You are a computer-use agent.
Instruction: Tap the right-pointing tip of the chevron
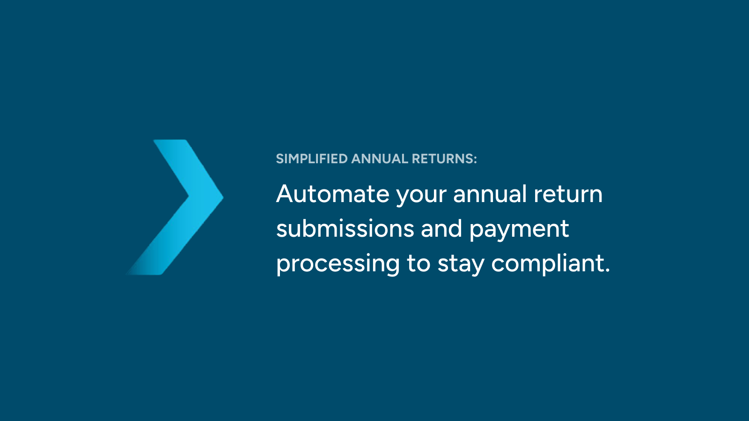pos(223,197)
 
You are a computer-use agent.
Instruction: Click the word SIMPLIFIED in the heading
pos(312,159)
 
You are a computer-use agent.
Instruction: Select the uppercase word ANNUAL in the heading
pos(380,159)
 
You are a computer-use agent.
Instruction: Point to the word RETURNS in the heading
pos(442,159)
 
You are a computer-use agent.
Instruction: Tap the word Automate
pos(333,194)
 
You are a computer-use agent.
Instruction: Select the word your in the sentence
pos(421,196)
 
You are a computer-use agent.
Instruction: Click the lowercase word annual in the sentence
pos(490,194)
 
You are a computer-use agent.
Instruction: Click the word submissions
pos(345,228)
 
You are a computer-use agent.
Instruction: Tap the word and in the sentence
pos(441,228)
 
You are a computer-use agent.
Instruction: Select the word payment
pos(519,231)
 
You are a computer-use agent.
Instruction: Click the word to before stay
pos(419,264)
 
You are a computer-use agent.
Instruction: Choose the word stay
pos(461,265)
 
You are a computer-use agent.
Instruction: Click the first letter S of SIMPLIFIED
pos(280,159)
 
